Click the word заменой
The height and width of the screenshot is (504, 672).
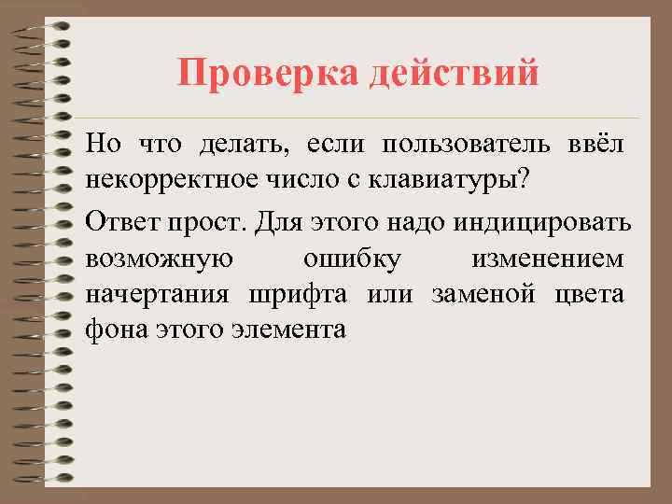point(483,295)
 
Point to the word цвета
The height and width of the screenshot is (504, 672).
point(589,295)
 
